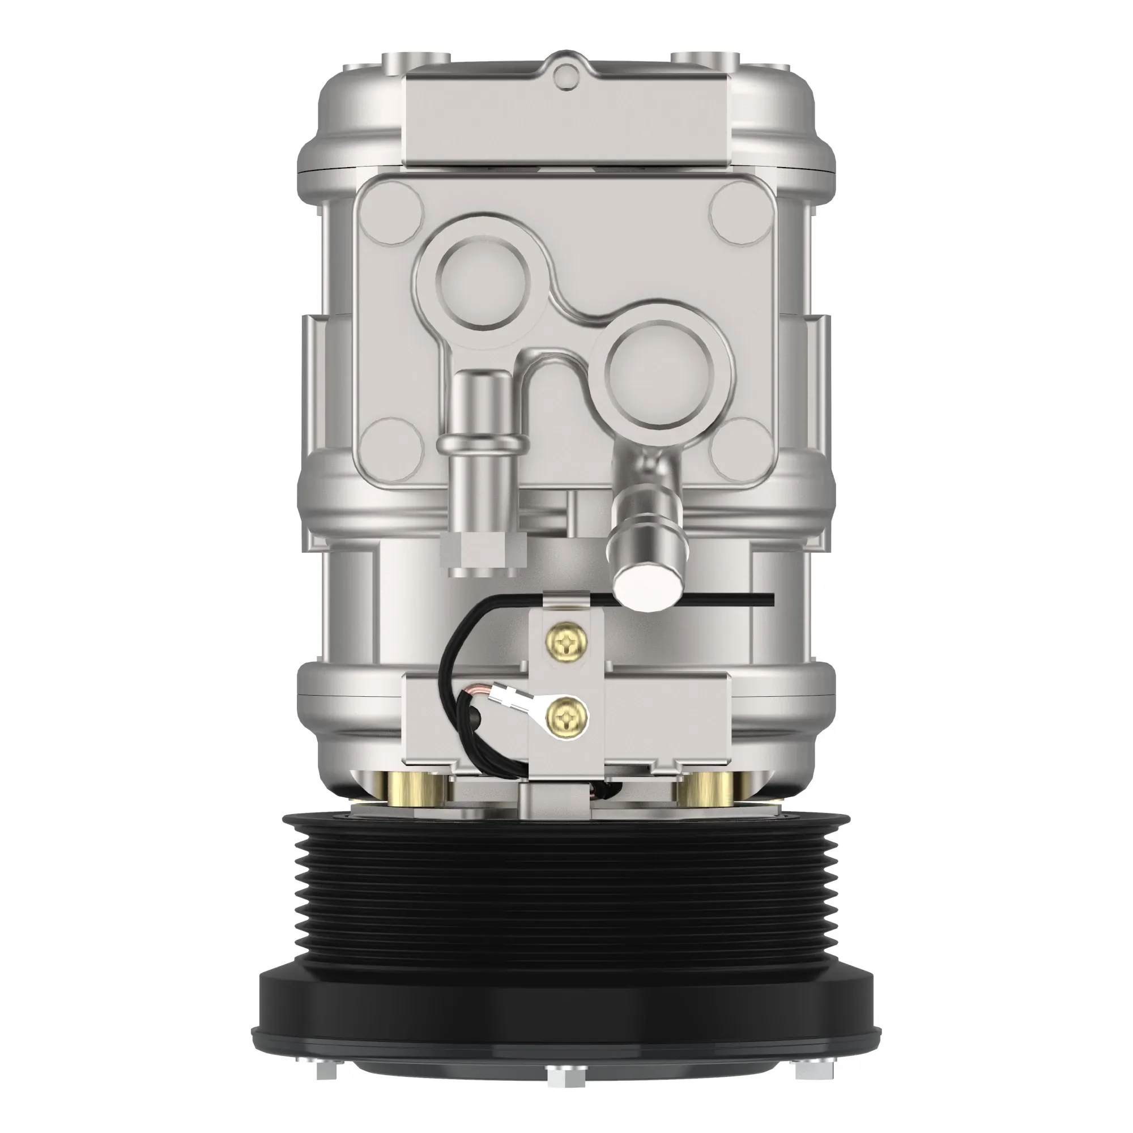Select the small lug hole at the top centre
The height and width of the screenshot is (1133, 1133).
point(563,73)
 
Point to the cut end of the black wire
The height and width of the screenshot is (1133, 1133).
point(772,598)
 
